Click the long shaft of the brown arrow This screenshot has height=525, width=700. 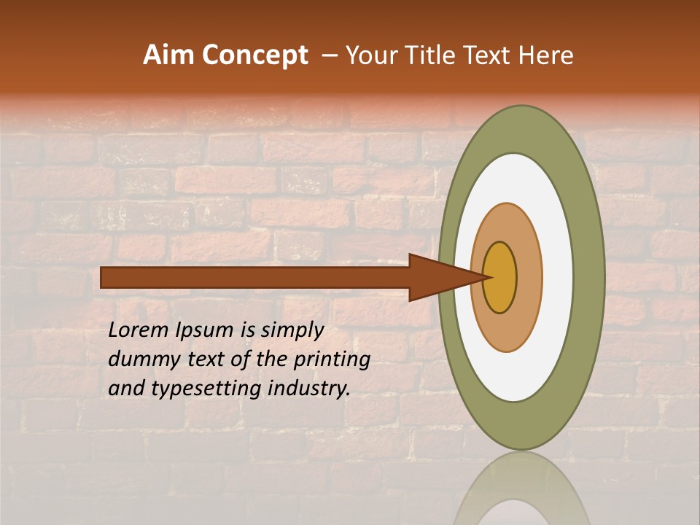point(255,277)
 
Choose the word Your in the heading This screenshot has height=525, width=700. point(367,55)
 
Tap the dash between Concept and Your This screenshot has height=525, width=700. point(330,56)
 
